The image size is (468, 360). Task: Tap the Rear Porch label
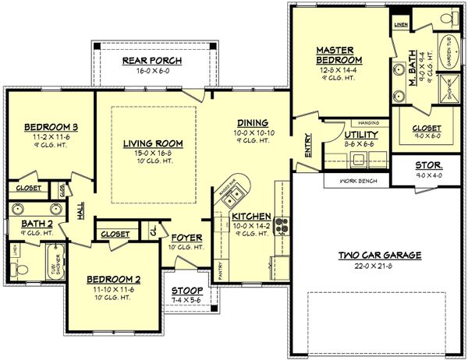click(153, 61)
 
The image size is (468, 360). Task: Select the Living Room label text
click(152, 143)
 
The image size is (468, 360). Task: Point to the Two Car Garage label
click(379, 255)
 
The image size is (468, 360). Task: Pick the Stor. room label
click(429, 165)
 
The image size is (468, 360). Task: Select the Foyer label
click(187, 237)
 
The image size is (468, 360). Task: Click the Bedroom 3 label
click(48, 127)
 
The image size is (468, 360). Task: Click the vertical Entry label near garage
click(308, 146)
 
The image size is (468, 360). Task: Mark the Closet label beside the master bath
click(427, 127)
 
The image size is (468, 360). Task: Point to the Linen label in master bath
click(401, 25)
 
